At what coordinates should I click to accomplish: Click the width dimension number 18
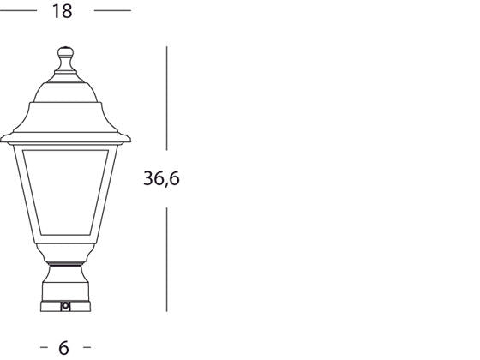62,11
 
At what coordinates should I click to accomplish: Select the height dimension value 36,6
161,179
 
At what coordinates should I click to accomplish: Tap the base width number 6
63,347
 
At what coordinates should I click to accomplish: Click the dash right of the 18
112,11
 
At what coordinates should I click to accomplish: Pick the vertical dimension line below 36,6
166,257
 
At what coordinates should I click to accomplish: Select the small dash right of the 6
86,347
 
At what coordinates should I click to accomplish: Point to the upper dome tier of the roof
65,86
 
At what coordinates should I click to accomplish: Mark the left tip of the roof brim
3,137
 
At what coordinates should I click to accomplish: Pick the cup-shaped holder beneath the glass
65,255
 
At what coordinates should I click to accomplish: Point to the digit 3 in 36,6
148,179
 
